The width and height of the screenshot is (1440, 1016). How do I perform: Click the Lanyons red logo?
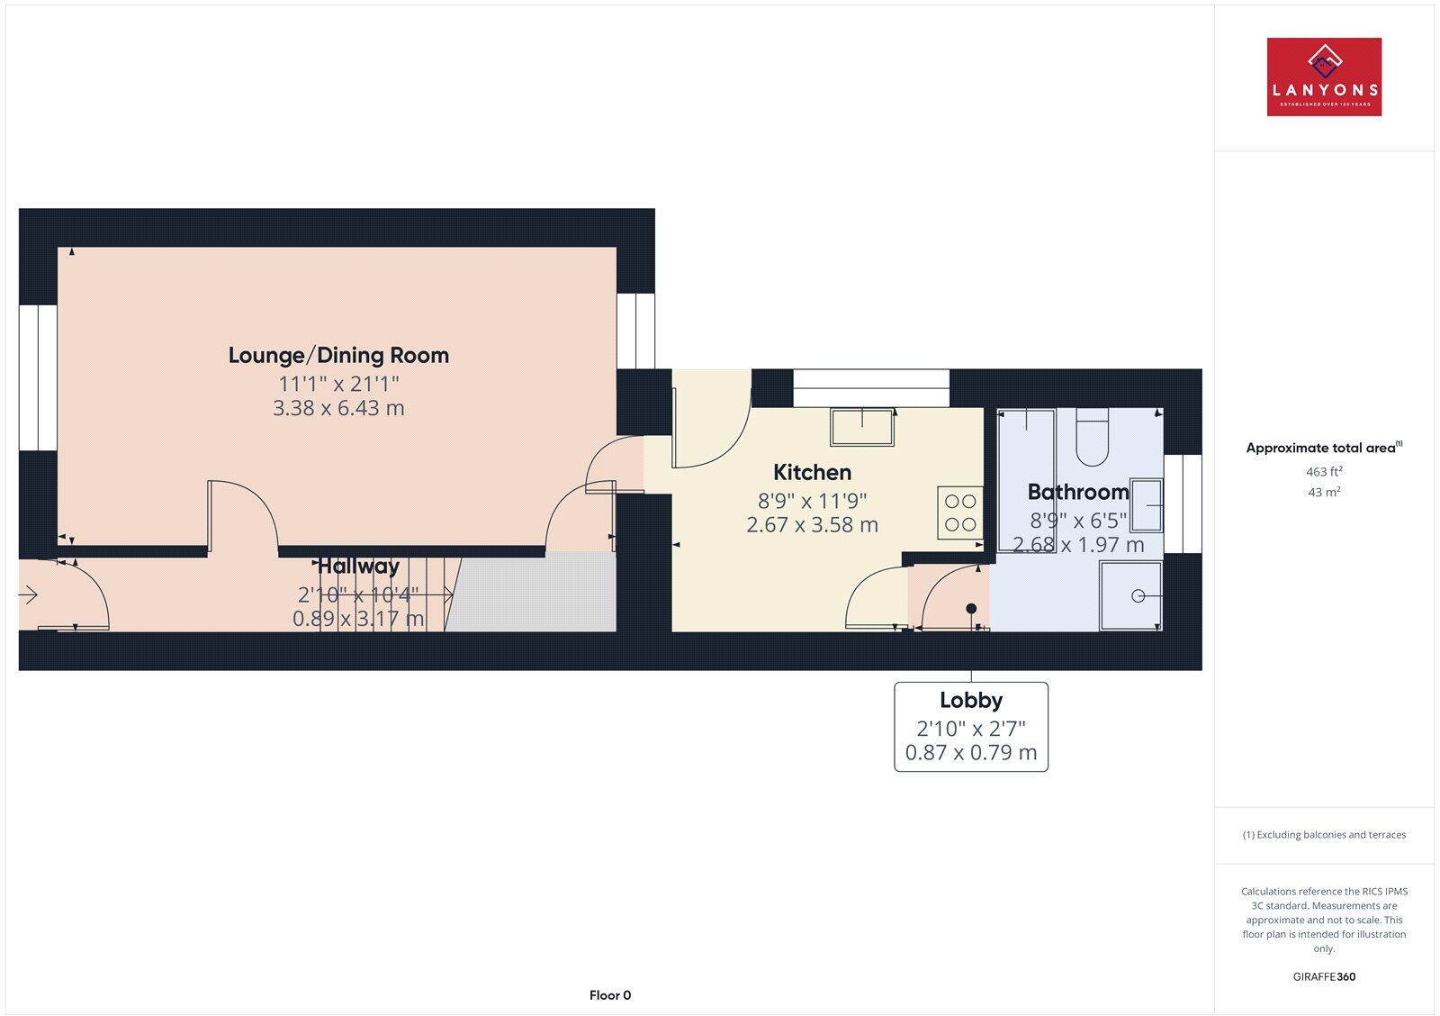1324,77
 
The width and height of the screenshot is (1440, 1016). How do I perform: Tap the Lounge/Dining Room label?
338,355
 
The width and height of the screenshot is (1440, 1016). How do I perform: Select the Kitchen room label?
812,472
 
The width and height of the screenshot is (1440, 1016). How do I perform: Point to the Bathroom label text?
1077,492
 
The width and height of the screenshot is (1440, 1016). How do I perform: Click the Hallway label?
358,567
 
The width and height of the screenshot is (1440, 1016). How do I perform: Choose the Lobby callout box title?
970,700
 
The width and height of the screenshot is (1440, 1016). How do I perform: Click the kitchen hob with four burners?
960,513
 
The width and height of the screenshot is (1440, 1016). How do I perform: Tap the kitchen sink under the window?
862,426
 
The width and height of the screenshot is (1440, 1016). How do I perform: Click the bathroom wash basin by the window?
1147,504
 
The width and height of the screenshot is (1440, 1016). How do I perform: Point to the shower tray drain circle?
1138,595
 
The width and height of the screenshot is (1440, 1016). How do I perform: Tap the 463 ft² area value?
1324,471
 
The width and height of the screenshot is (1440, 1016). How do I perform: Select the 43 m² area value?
1324,492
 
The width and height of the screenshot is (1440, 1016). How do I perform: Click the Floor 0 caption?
610,995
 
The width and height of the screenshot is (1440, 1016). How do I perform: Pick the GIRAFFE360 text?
1324,976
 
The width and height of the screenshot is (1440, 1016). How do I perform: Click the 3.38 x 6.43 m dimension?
338,408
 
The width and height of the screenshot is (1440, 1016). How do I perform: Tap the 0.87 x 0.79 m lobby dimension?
970,752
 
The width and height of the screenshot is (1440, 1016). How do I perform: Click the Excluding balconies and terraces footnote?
1324,835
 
